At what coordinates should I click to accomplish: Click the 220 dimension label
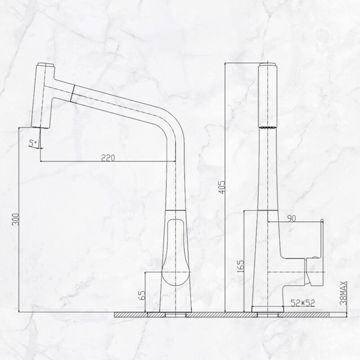coord(108,158)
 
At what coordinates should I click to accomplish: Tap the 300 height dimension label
coord(16,219)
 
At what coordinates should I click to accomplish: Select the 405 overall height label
coord(222,187)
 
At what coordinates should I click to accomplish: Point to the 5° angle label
coord(33,144)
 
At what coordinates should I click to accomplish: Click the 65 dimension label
coord(142,295)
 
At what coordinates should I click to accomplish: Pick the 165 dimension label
coord(241,266)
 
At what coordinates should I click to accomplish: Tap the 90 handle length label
coord(291,219)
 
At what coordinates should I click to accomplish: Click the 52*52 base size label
coord(302,303)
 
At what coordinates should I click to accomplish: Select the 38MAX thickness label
coord(343,293)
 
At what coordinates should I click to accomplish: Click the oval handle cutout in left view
coord(175,252)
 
